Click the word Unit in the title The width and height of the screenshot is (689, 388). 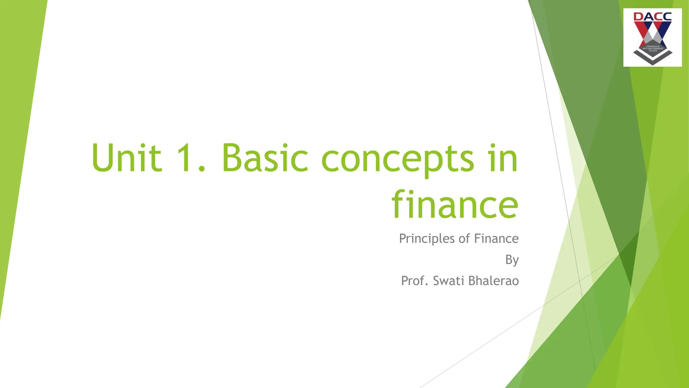tap(126, 158)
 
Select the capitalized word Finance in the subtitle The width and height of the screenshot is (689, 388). tap(496, 239)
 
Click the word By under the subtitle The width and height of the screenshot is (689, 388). tap(512, 260)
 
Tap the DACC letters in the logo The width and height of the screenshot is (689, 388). tap(652, 17)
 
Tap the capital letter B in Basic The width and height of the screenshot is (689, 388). tap(232, 158)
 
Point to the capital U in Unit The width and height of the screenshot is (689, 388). tap(103, 158)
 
